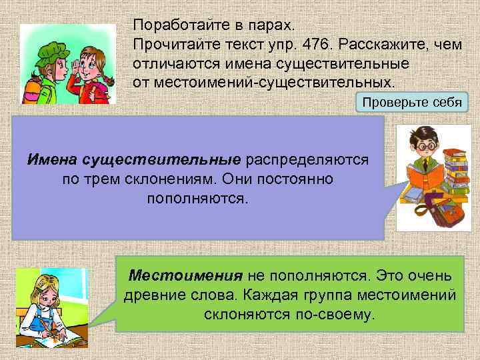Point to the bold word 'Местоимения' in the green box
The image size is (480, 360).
[185, 275]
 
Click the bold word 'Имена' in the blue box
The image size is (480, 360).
[52, 161]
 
